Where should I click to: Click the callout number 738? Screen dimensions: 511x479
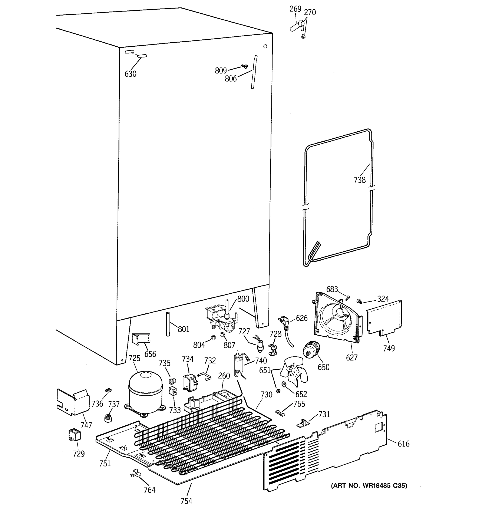[360, 180]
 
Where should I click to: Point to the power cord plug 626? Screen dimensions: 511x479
[283, 323]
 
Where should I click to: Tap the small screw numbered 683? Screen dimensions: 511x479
[348, 298]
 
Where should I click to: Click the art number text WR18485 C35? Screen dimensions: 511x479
[369, 485]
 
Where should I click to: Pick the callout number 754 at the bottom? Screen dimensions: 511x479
[186, 501]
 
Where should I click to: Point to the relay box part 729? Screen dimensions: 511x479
[74, 435]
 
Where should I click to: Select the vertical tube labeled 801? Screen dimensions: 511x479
[168, 324]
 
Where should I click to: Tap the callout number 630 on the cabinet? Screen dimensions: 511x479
[131, 74]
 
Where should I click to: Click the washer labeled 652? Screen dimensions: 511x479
[284, 384]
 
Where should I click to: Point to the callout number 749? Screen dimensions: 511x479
[389, 348]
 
